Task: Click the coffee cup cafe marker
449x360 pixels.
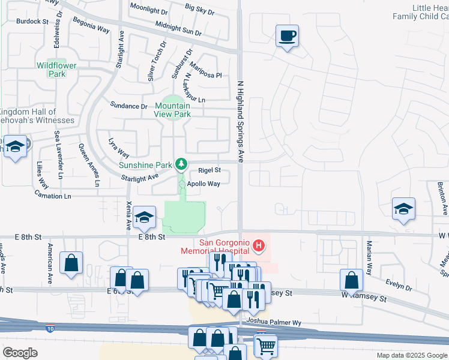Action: (x=287, y=36)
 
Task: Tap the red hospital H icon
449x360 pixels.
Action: (x=259, y=245)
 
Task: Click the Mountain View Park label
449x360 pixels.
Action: (x=172, y=110)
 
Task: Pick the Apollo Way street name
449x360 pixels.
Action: (x=203, y=184)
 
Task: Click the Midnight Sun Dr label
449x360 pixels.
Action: (x=178, y=28)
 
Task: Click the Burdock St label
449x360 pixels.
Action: (x=32, y=21)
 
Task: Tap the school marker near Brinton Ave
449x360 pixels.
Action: (x=403, y=209)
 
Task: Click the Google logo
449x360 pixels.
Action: (x=20, y=352)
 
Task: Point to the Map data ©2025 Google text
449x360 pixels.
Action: (x=411, y=355)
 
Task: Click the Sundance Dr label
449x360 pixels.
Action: (x=128, y=106)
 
